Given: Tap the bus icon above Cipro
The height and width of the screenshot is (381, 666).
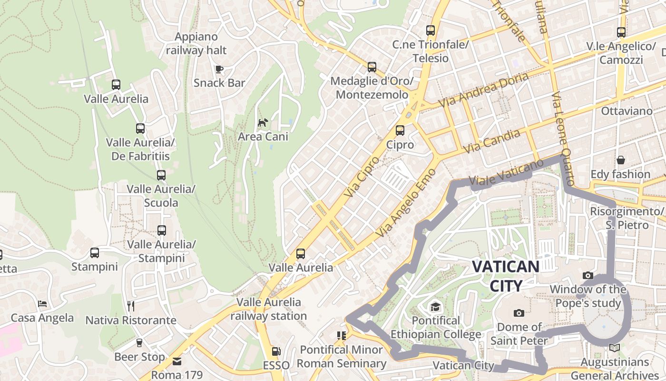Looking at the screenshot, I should [400, 130].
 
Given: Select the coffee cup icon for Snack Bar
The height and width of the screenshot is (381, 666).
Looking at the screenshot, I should [219, 69].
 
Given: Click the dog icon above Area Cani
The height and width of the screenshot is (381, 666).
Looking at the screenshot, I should [263, 122].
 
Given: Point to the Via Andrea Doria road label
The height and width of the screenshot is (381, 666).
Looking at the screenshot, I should [483, 90].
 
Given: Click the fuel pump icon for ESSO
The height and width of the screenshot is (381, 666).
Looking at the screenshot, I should [275, 352].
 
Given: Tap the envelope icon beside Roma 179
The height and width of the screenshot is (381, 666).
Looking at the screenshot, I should [177, 361].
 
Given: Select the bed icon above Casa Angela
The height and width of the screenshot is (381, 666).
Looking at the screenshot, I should [42, 303].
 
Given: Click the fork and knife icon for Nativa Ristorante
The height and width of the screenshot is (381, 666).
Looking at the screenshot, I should [131, 306].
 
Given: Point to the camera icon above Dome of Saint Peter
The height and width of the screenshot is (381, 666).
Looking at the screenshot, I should [519, 313].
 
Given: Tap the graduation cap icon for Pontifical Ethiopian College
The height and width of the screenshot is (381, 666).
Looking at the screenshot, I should [435, 306].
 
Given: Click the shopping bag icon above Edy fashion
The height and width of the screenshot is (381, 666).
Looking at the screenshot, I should [620, 160].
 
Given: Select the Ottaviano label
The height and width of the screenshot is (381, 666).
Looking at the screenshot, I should [627, 111].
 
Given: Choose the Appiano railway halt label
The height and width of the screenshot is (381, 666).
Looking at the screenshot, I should [196, 43].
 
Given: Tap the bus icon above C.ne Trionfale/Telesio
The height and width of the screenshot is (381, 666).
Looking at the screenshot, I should [431, 30].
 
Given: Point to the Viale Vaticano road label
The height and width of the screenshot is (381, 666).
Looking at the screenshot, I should [506, 172].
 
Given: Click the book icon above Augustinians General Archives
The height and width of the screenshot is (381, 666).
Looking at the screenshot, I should [615, 348].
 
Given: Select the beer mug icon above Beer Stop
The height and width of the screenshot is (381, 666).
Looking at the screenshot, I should [139, 342].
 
